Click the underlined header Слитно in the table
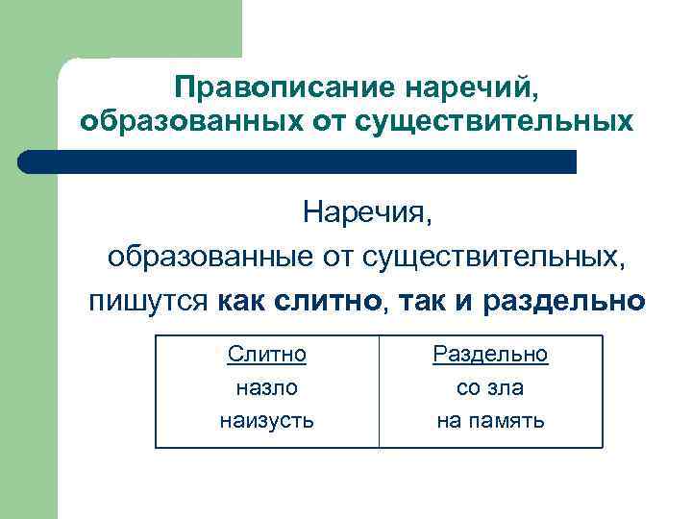267,355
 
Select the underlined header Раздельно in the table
490,355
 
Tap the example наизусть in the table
267,420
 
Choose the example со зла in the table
490,387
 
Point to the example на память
490,420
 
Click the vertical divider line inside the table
379,391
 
